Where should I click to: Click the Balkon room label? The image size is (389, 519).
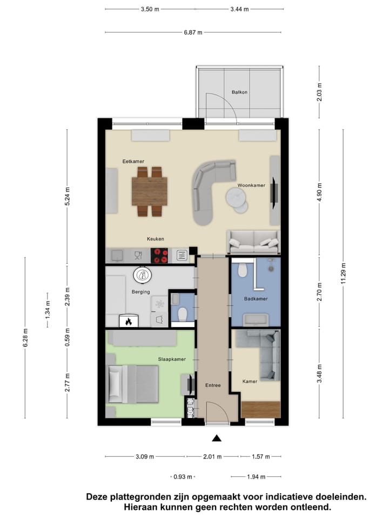pyautogui.click(x=239, y=92)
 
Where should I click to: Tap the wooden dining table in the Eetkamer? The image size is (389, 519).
pyautogui.click(x=150, y=191)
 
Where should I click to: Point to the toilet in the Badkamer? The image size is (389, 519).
pyautogui.click(x=243, y=268)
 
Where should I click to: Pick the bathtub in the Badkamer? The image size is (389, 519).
pyautogui.click(x=256, y=318)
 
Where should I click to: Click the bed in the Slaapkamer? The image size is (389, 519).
pyautogui.click(x=134, y=384)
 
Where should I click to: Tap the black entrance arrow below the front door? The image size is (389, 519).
pyautogui.click(x=217, y=438)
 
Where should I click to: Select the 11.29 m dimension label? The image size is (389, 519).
pyautogui.click(x=344, y=274)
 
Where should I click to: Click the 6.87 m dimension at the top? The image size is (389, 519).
pyautogui.click(x=193, y=32)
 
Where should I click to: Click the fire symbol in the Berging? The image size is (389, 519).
pyautogui.click(x=129, y=322)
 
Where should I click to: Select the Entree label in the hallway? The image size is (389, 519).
pyautogui.click(x=213, y=385)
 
